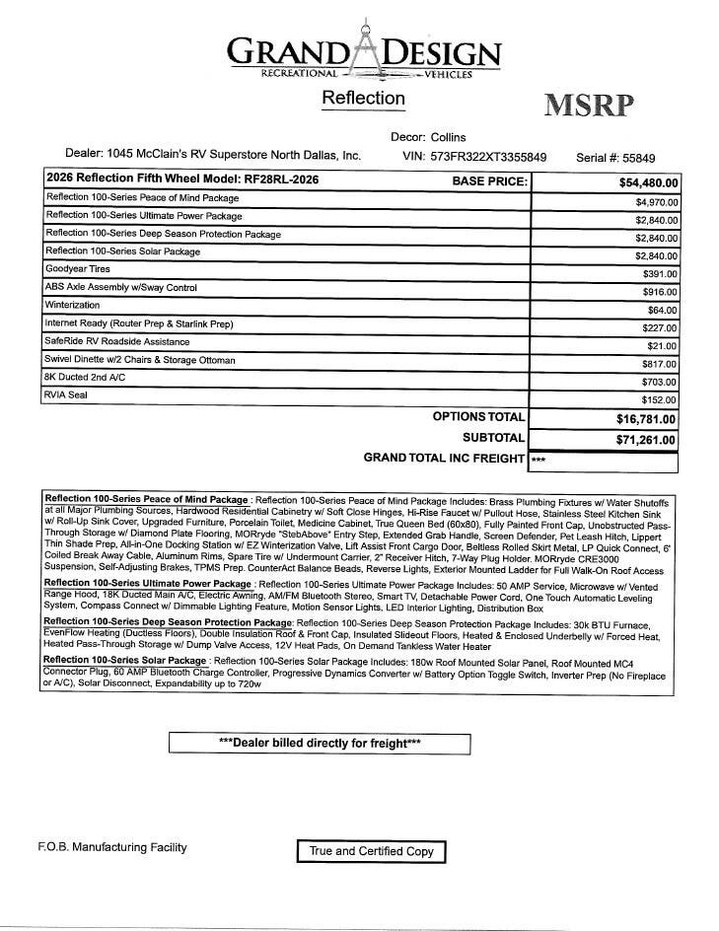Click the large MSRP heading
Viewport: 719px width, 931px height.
tap(589, 106)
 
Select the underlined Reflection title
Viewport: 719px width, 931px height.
tap(363, 98)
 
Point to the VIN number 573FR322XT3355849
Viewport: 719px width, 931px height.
tap(489, 157)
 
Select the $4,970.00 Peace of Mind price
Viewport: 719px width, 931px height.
tap(656, 201)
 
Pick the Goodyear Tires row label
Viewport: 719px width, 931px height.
tap(78, 269)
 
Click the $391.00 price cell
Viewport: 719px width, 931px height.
tap(660, 274)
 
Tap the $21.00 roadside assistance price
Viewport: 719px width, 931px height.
tap(663, 346)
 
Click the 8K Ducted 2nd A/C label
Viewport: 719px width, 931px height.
tap(86, 377)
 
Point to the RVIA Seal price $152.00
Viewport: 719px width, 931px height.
tap(660, 400)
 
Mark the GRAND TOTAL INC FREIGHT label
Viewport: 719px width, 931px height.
tap(444, 458)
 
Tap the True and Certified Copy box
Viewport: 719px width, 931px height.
tap(371, 851)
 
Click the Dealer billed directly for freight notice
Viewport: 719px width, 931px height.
tap(319, 743)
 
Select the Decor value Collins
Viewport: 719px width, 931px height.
tap(442, 137)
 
